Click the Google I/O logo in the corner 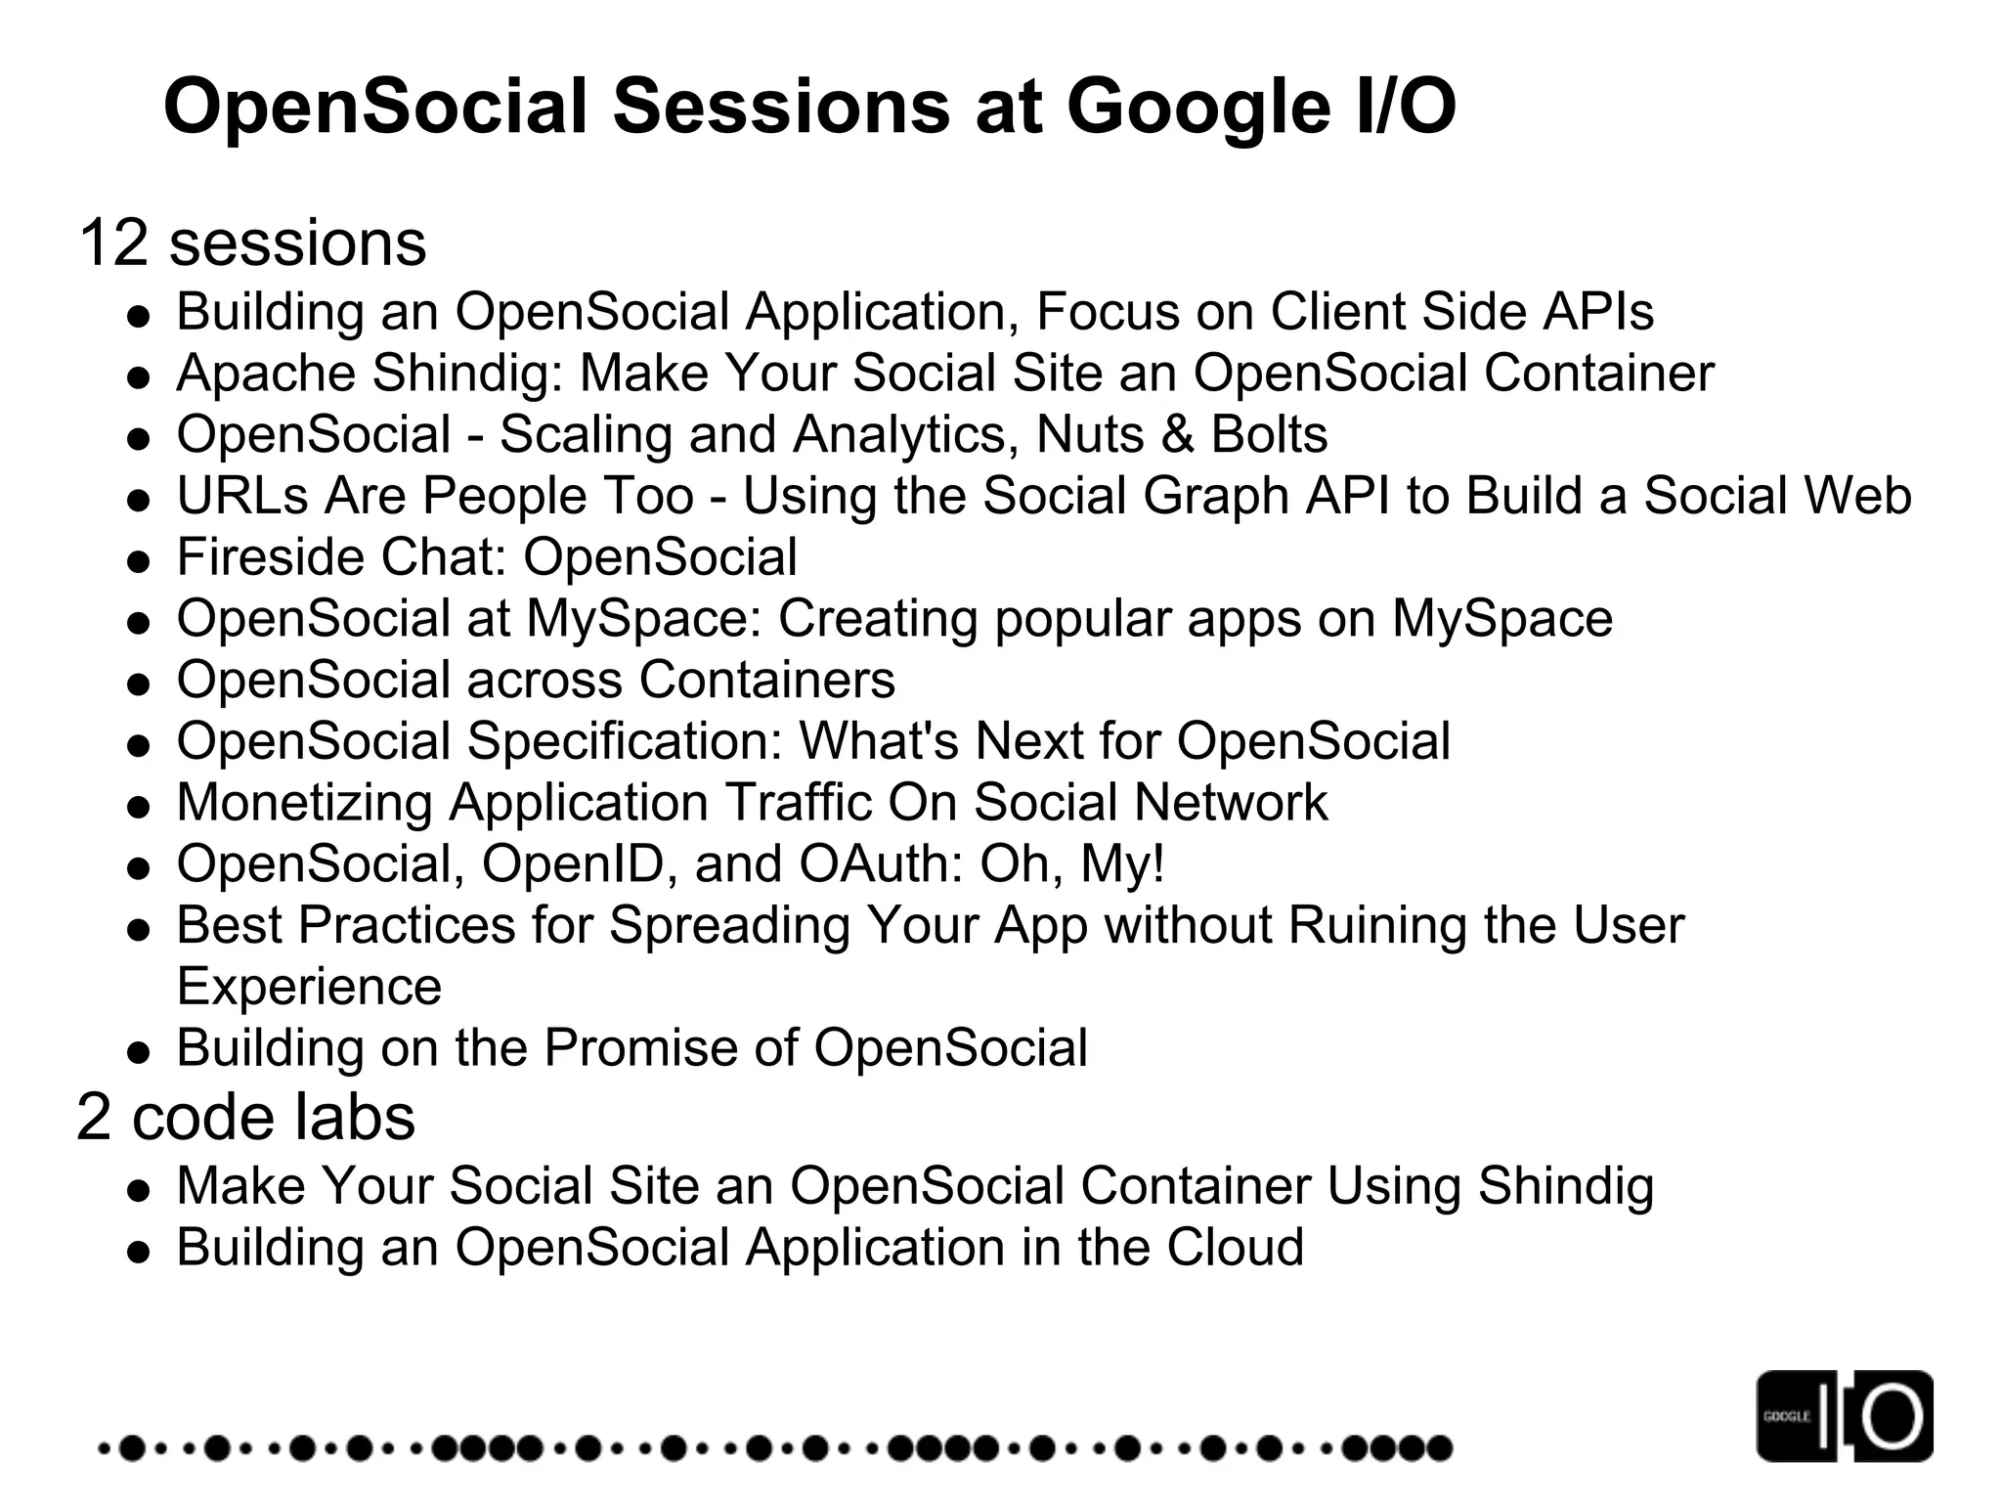coord(1844,1416)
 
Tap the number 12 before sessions coord(113,243)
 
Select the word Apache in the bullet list coord(266,374)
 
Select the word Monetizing coord(304,803)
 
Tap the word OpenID coord(571,864)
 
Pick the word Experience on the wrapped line coord(309,986)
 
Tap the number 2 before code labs coord(94,1117)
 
